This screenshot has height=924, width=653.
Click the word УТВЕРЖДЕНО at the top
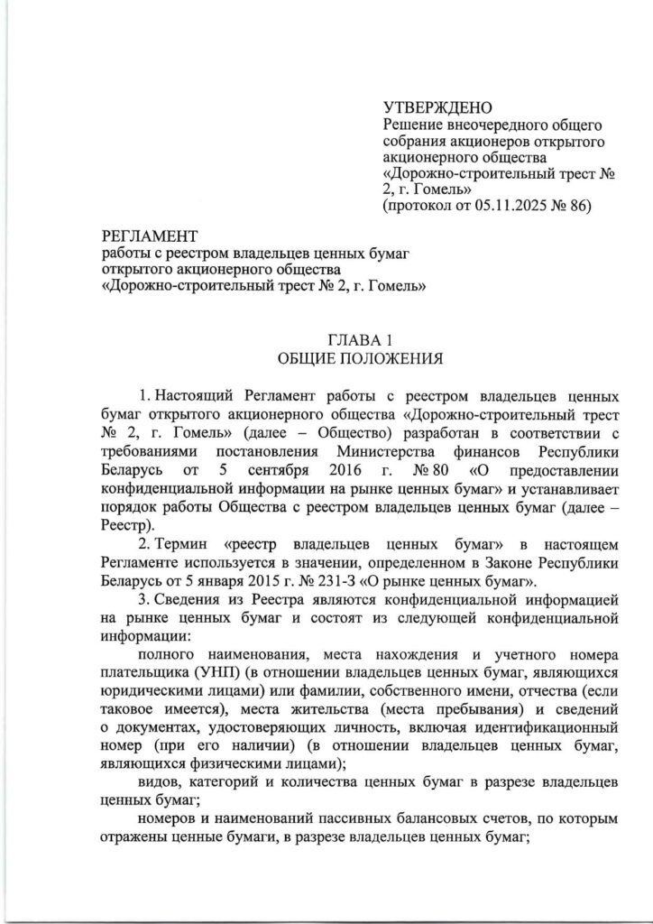tap(433, 109)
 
